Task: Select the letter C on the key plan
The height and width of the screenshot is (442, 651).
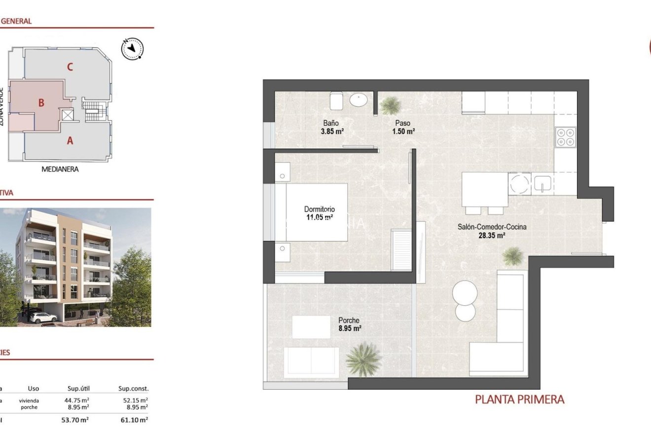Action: click(70, 67)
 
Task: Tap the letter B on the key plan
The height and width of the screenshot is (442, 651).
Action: click(41, 103)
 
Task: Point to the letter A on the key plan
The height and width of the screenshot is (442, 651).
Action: click(70, 141)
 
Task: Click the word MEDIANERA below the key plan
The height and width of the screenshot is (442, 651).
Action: click(60, 169)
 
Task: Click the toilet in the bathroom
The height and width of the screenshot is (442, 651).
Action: click(337, 101)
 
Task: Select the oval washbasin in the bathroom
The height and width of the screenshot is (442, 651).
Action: click(359, 100)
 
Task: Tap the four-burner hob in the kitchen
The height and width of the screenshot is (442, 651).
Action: click(565, 137)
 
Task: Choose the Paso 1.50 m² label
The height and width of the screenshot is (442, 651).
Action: click(403, 127)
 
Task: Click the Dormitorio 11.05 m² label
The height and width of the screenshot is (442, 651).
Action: click(319, 213)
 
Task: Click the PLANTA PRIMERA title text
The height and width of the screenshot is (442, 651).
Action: click(519, 400)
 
